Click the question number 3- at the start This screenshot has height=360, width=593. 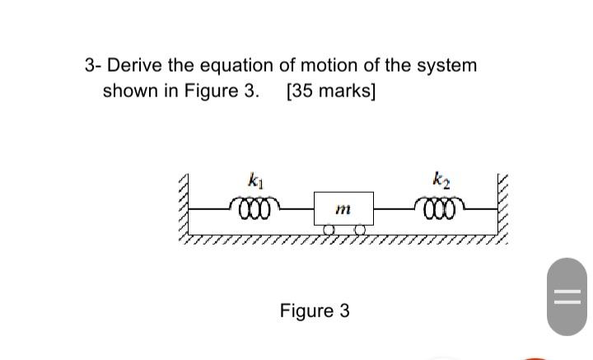pyautogui.click(x=93, y=65)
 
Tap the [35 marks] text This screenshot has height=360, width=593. pyautogui.click(x=330, y=90)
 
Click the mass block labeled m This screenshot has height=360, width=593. pyautogui.click(x=343, y=209)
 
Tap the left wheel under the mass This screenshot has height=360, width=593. pyautogui.click(x=329, y=230)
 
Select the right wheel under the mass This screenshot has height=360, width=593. pyautogui.click(x=359, y=230)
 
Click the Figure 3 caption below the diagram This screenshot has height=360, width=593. pyautogui.click(x=315, y=311)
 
